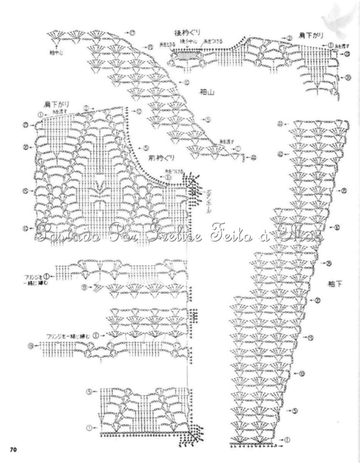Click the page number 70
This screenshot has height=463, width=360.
pos(12,449)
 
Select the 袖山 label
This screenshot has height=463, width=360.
pos(207,92)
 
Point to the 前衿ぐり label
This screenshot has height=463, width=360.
pos(161,158)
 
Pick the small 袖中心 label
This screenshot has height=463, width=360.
pos(56,52)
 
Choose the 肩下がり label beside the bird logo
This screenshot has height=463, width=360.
pos(310,35)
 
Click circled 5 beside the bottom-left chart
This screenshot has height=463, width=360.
pos(89,391)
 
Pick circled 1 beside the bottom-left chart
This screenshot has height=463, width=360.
pos(89,427)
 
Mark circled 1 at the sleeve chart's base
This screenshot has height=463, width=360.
pos(288,439)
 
